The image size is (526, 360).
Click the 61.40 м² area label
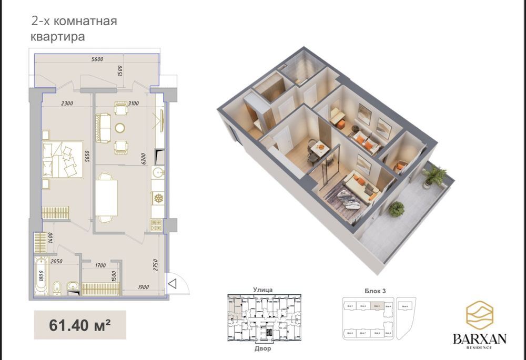click(80, 324)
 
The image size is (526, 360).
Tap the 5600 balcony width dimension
click(97, 59)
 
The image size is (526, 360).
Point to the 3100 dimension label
click(133, 104)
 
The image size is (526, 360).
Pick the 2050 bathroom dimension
click(57, 261)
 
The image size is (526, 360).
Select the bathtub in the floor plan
click(41, 274)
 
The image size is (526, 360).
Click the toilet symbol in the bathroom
click(57, 287)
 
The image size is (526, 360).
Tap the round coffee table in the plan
click(120, 127)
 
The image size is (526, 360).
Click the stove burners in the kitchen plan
click(157, 224)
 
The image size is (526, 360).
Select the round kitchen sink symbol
click(157, 172)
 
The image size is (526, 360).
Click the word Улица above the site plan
click(262, 289)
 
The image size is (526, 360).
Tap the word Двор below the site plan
click(262, 348)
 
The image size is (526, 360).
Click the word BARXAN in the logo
click(479, 339)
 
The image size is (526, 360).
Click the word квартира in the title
click(57, 37)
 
